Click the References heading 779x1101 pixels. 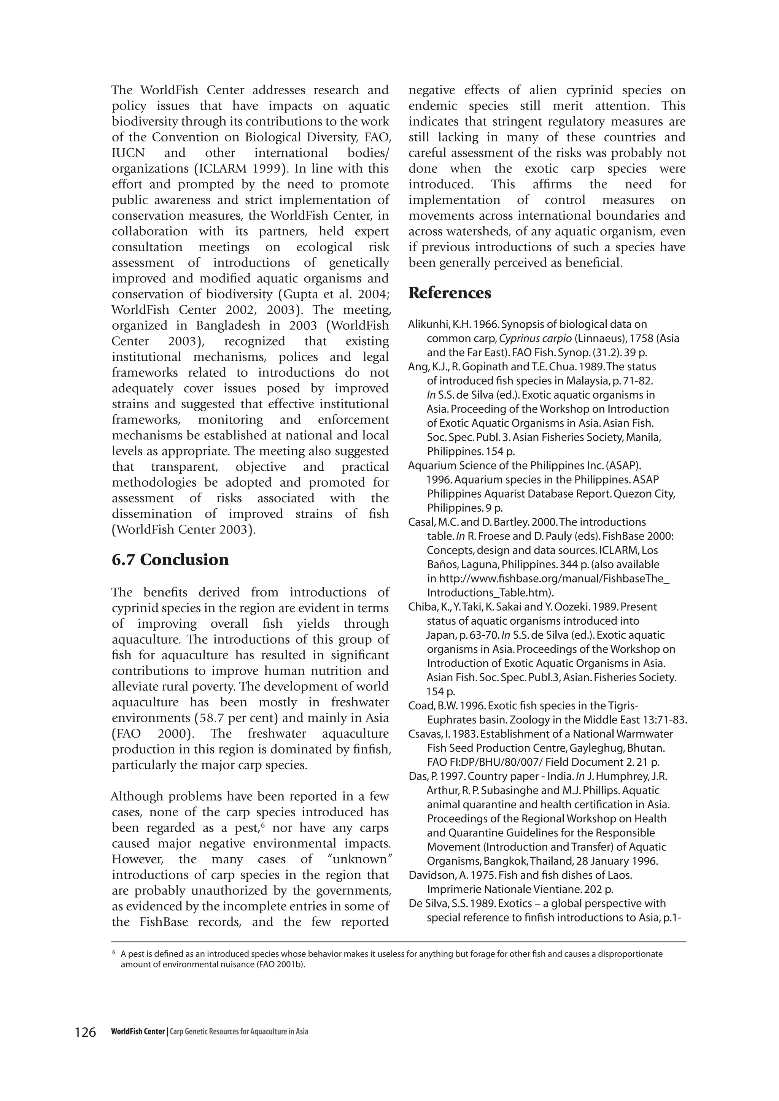pos(450,293)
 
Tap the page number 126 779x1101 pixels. pos(85,1032)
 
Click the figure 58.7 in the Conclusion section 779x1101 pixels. pos(213,718)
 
